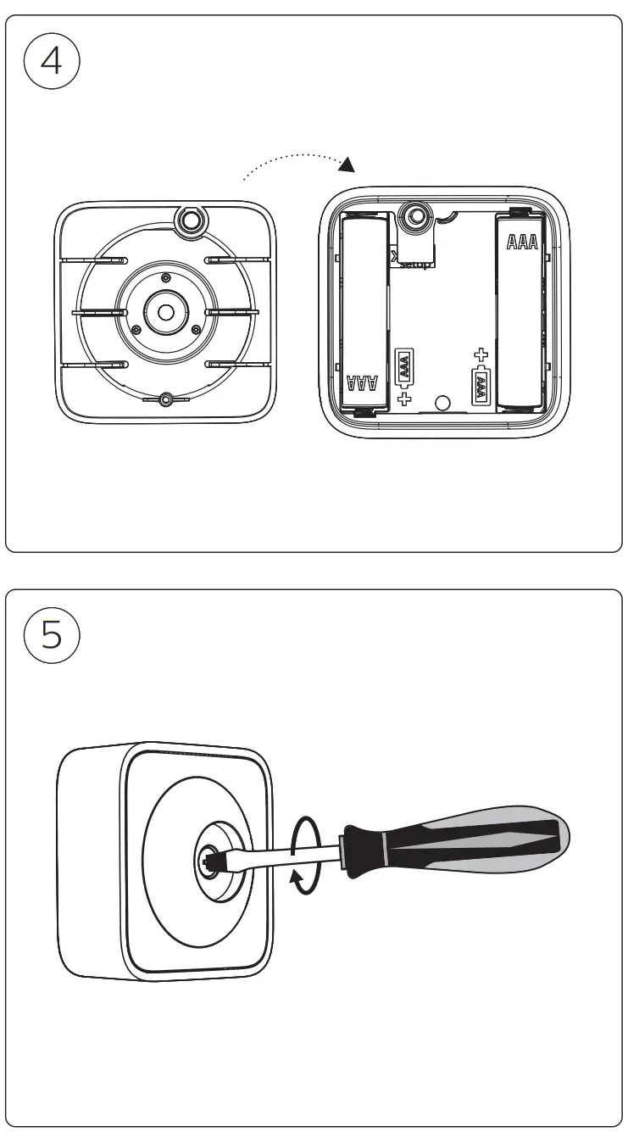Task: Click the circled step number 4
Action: (52, 62)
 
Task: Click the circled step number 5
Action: (52, 635)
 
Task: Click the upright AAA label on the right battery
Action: (521, 243)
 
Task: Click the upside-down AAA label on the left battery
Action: (363, 382)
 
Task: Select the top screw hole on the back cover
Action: (189, 220)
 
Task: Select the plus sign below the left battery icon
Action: (404, 397)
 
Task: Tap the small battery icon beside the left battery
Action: (404, 366)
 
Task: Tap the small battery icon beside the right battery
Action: (481, 386)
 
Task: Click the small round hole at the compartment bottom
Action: (442, 402)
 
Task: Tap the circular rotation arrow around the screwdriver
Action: (305, 855)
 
